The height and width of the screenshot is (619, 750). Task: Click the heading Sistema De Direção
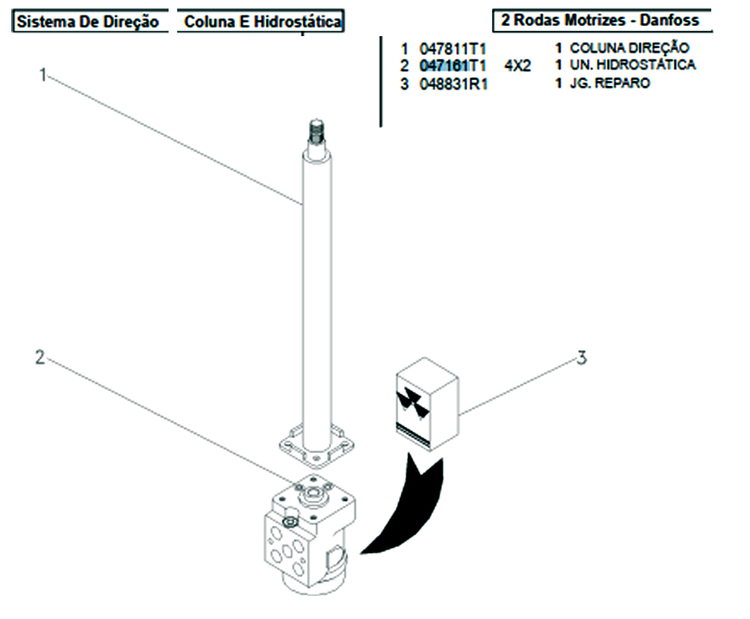(x=88, y=22)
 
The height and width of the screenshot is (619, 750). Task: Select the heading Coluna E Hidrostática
(x=261, y=22)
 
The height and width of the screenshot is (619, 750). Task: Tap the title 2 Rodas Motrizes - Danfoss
(x=600, y=20)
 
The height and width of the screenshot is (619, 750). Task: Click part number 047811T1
(x=452, y=49)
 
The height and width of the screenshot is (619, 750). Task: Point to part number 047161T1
(x=452, y=65)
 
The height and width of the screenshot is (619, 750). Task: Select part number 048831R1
(x=452, y=84)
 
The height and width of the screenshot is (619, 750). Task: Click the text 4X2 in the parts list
(x=517, y=65)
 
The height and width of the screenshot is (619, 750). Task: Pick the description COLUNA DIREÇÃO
(x=628, y=48)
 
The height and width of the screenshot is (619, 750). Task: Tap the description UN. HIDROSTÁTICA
(x=631, y=64)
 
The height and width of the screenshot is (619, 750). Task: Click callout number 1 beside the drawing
(x=41, y=75)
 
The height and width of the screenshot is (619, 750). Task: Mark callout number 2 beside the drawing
(x=39, y=357)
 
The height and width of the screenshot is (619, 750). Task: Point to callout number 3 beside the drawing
(x=581, y=358)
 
